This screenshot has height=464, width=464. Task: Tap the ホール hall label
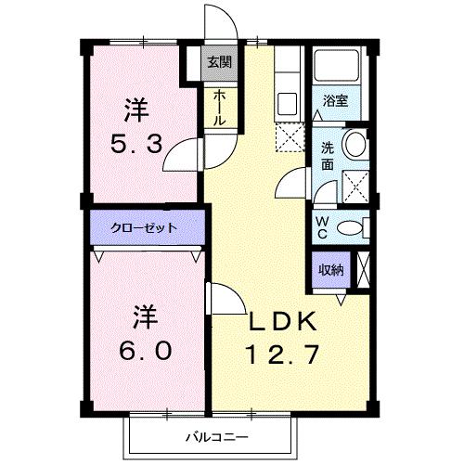coord(219,109)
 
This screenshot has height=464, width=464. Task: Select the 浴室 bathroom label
coord(336,101)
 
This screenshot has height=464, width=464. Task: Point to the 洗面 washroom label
coord(328,154)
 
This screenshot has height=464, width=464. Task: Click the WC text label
coord(322,226)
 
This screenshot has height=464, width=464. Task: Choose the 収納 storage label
coord(331,270)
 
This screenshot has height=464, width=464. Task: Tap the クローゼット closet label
coord(144,227)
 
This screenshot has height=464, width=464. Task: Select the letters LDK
coord(283,321)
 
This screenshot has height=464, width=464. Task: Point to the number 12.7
coord(283,354)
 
